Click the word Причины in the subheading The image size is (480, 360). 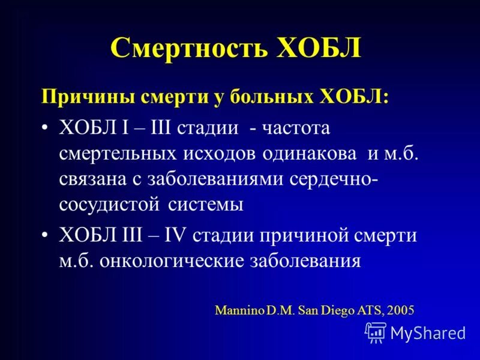tap(80, 96)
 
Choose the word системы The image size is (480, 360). tap(206, 204)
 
